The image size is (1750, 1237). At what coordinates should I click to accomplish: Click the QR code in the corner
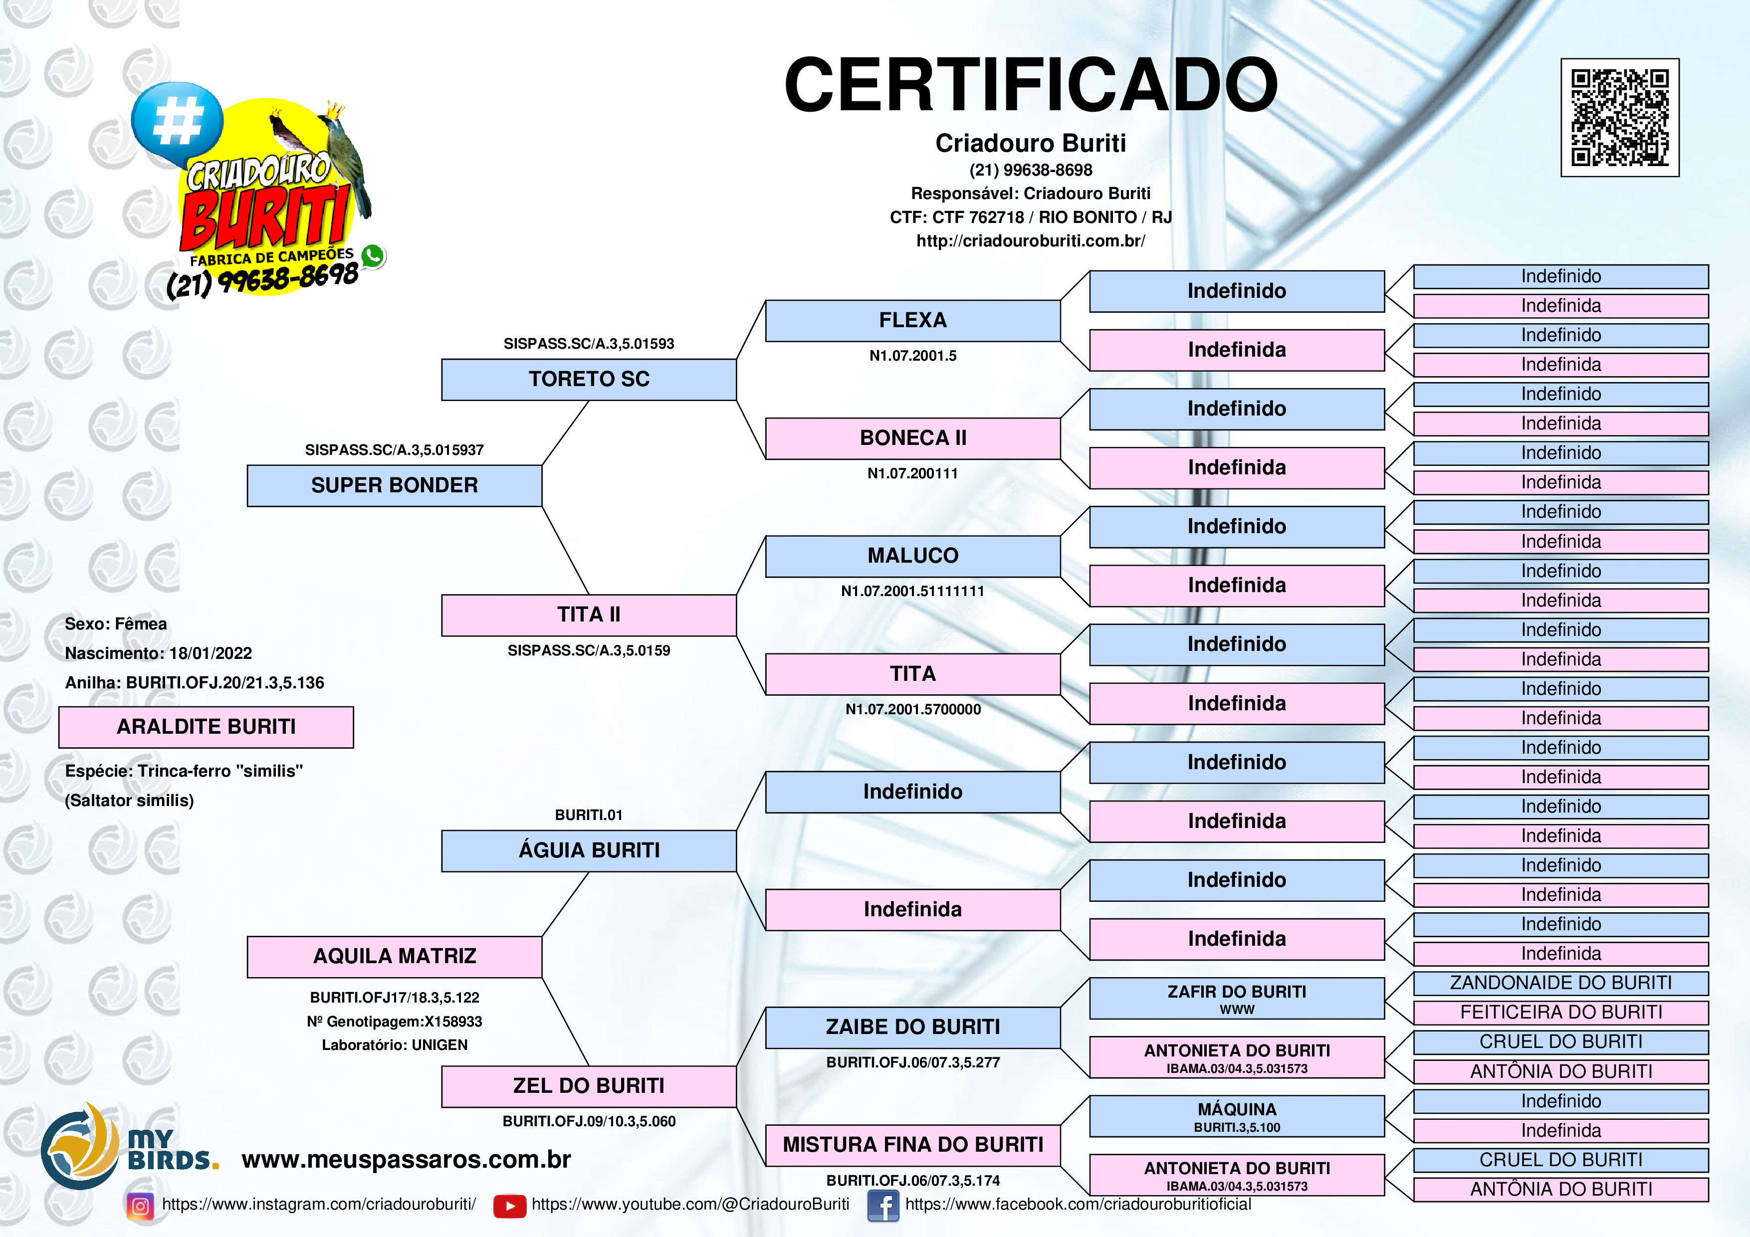pos(1620,117)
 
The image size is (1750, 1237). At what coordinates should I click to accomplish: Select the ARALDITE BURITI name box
pos(206,726)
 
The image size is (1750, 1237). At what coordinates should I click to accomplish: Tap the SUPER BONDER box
pos(394,485)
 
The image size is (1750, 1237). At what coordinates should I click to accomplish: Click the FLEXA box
pos(912,320)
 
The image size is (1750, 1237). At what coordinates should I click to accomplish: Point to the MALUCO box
pos(912,556)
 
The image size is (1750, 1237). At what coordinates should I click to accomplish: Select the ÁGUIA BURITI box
pos(589,850)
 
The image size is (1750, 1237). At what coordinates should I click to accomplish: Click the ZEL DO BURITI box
pos(589,1085)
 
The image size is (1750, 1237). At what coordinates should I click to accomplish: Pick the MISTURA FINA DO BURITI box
pos(912,1144)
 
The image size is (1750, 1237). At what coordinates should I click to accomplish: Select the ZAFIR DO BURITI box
pos(1236,998)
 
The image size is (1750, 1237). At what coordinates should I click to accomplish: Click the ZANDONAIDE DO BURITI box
pos(1560,983)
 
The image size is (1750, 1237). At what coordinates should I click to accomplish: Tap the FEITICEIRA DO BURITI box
pos(1560,1012)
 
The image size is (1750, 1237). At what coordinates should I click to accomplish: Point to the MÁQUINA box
pos(1236,1116)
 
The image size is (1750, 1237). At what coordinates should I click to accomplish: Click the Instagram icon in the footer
pos(140,1205)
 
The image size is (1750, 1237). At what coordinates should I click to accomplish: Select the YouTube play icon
pos(509,1206)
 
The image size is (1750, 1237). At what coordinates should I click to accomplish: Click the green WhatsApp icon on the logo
pos(373,255)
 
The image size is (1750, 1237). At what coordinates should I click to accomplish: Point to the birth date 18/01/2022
pos(211,653)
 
